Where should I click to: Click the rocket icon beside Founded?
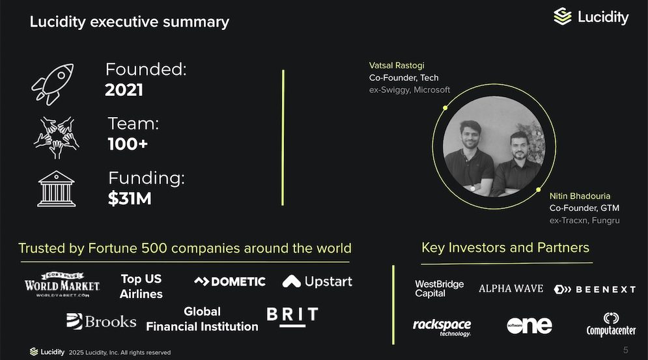(x=53, y=84)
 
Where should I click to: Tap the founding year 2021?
(x=124, y=90)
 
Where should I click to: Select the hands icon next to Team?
(x=57, y=137)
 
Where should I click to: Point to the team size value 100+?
(x=128, y=145)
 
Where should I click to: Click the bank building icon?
(x=56, y=189)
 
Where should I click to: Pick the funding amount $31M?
(x=130, y=199)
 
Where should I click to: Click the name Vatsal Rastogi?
(x=397, y=65)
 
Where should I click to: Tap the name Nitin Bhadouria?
(x=580, y=196)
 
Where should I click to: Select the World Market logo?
(x=62, y=284)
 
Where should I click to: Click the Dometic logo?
(x=230, y=282)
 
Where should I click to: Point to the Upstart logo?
(x=317, y=281)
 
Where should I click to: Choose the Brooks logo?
(x=101, y=321)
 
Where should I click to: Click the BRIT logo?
(x=292, y=317)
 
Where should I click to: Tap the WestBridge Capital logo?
(x=440, y=288)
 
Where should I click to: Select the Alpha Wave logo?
(x=511, y=288)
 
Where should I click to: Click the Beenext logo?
(x=595, y=289)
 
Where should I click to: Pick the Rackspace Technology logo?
(x=442, y=327)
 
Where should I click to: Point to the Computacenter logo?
(x=612, y=324)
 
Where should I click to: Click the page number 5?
(x=626, y=350)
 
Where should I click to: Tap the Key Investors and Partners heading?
(x=505, y=247)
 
